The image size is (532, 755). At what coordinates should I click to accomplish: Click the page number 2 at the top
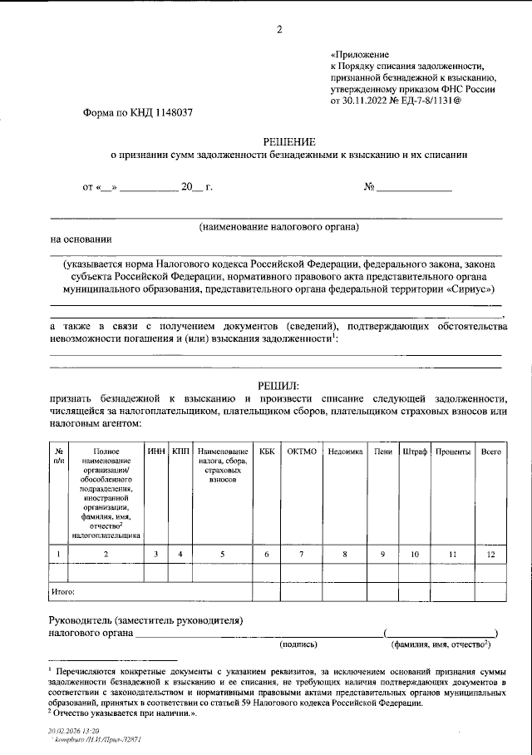pos(279,31)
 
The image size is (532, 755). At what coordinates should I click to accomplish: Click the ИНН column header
pos(155,451)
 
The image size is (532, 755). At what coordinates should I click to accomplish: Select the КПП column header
pos(180,451)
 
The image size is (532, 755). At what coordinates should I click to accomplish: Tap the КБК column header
pos(266,451)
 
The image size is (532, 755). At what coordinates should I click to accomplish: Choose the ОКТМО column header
pos(302,451)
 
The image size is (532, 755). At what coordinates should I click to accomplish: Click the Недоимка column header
pos(345,451)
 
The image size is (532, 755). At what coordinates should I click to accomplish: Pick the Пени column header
pos(383,451)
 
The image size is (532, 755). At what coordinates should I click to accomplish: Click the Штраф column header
pos(415,451)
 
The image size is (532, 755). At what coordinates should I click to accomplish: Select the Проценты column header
pos(454,451)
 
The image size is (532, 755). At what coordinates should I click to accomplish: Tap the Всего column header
pos(491,451)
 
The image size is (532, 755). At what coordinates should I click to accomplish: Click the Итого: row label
pos(64,592)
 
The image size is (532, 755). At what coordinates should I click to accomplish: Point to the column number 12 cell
pos(491,553)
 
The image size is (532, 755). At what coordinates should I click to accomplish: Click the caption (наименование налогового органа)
pos(278,227)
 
